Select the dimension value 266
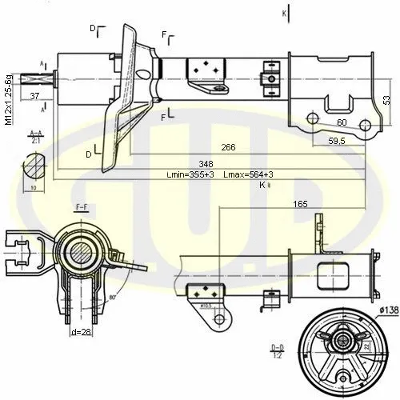tap(228, 146)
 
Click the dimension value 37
tap(34, 96)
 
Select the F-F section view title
tap(82, 206)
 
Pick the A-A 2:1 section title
tap(35, 138)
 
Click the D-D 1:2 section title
tap(276, 350)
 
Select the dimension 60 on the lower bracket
tap(342, 122)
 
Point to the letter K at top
tap(283, 14)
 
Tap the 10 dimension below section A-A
tap(34, 190)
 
